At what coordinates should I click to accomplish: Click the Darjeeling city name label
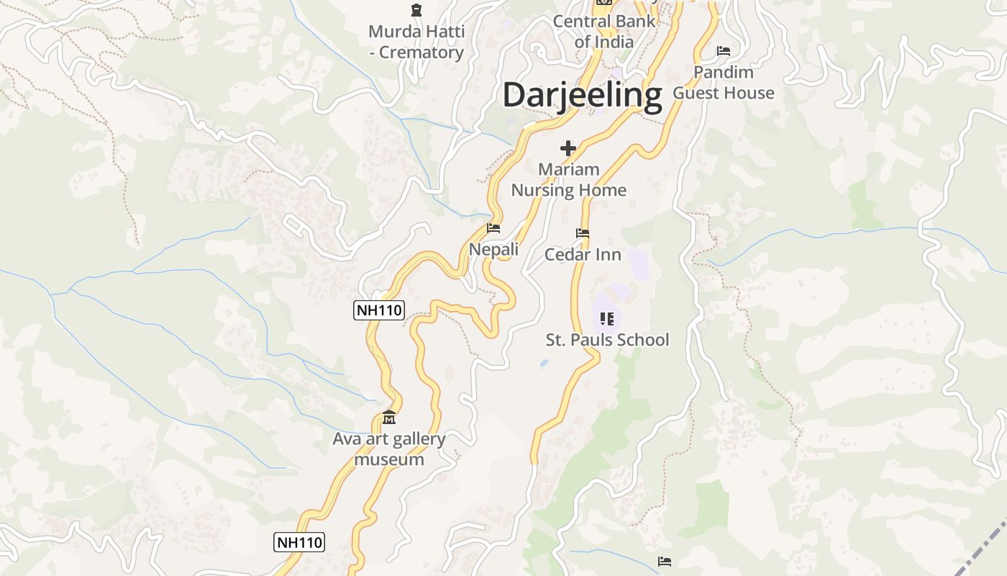click(582, 95)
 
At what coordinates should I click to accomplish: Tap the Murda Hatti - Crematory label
click(416, 42)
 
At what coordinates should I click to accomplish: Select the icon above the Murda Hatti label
click(416, 10)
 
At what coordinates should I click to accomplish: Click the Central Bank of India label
click(604, 32)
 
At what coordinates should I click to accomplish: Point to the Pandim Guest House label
click(724, 82)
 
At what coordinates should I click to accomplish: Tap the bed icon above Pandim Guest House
click(724, 51)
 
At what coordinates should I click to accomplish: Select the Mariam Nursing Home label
click(568, 180)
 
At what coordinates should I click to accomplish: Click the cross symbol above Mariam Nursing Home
click(568, 148)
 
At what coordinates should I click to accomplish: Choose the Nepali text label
click(493, 249)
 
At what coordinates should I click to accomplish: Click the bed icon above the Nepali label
click(493, 228)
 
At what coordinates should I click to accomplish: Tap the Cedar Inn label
click(583, 254)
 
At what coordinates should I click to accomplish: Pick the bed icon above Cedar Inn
click(583, 233)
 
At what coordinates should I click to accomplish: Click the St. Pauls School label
click(607, 340)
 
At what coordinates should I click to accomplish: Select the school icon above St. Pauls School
click(607, 318)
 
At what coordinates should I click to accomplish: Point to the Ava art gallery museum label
click(389, 449)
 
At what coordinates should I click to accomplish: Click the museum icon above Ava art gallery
click(389, 418)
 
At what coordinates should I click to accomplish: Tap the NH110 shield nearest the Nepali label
click(379, 310)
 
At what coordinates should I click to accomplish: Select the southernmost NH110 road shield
click(299, 542)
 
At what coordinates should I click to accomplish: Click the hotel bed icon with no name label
click(665, 561)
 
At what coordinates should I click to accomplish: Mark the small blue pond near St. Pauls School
click(543, 364)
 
